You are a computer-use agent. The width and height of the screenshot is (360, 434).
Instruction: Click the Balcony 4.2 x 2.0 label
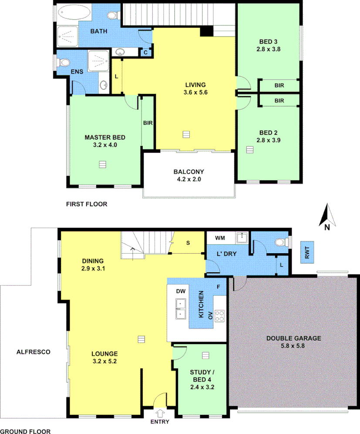coord(188,175)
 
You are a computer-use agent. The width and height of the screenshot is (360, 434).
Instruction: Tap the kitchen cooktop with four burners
coord(219,315)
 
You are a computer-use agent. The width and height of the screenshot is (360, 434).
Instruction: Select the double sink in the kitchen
coord(180,309)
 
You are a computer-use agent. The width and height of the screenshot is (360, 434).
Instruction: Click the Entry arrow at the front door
coord(160,412)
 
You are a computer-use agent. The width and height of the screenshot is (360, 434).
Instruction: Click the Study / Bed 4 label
coord(202,379)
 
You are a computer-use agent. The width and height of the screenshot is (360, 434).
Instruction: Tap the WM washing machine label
coord(220,238)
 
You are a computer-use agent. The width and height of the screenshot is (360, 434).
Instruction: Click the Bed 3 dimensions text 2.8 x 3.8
coord(269,49)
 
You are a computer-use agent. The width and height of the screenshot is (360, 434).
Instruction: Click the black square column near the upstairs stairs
coord(206,32)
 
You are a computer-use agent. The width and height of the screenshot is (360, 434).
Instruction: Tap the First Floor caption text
coord(86,204)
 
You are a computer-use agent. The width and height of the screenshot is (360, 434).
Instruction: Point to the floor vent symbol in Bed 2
coord(249,149)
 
